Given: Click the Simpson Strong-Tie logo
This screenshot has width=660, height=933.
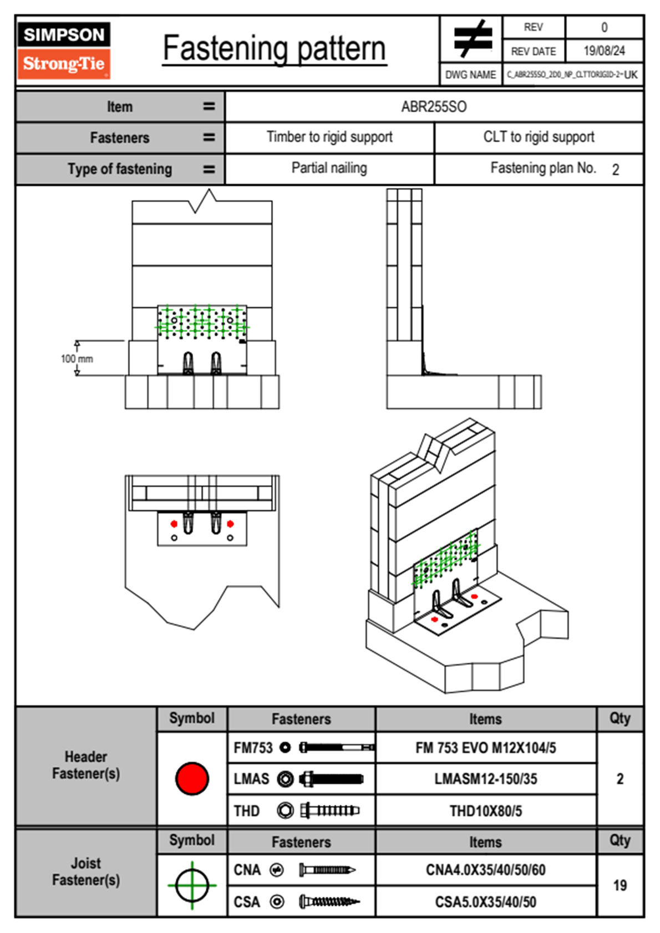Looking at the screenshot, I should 64,50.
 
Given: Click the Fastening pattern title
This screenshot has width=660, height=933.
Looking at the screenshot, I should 275,48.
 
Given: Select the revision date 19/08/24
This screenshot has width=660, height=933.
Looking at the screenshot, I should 604,51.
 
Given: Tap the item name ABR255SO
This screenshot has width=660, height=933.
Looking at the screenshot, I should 434,107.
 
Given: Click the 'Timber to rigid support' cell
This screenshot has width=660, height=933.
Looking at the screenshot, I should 329,137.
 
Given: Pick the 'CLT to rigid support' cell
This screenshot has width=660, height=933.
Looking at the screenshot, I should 539,137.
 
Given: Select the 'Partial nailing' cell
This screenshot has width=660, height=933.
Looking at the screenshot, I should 329,168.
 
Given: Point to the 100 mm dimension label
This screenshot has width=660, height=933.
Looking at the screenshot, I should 77,359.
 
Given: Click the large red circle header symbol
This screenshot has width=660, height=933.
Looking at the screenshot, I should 192,778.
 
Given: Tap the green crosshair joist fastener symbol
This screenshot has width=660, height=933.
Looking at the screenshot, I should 192,885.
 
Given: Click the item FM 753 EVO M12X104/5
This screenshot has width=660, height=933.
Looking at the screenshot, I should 485,748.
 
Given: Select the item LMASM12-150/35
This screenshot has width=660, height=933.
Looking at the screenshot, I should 485,779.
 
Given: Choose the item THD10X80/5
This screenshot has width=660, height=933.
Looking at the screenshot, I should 485,811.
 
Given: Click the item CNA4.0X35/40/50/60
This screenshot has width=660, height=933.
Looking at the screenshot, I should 485,870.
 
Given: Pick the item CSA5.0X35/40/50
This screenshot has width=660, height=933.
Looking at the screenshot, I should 485,902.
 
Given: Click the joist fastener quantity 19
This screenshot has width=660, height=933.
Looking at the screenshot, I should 620,885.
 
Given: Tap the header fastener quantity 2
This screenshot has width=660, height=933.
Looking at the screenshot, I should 620,779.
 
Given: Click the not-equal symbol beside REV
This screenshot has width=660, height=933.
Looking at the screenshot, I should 472,39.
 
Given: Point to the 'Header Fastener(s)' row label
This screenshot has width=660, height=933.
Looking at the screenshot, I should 86,765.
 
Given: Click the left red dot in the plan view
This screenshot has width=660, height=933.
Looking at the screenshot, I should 174,524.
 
